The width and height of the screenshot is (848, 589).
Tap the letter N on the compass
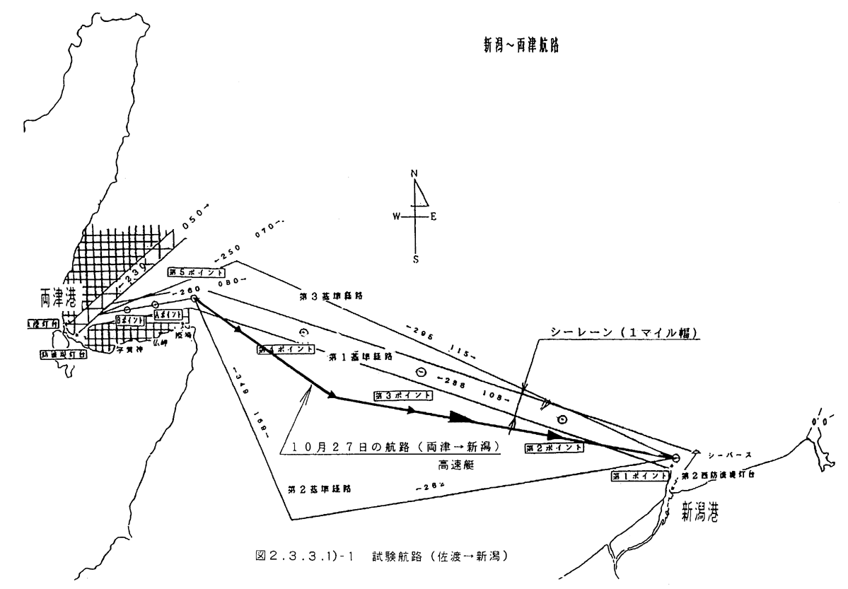tap(415, 173)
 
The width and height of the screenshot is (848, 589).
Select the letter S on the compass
tap(416, 259)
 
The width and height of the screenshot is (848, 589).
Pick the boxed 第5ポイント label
tap(197, 272)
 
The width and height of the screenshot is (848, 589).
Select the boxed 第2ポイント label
tap(554, 447)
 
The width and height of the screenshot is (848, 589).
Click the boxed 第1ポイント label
tap(639, 476)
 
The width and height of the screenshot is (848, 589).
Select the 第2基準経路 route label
tap(320, 488)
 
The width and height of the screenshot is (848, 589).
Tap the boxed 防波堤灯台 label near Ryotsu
tap(64, 354)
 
